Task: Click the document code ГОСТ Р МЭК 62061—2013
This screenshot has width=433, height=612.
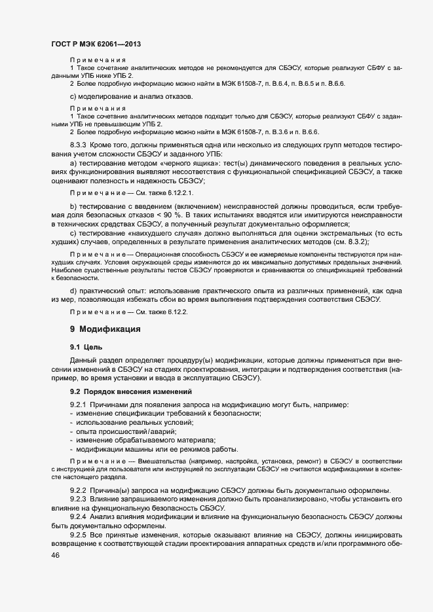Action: pyautogui.click(x=96, y=44)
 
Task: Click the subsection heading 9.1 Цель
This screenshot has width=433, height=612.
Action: pyautogui.click(x=86, y=346)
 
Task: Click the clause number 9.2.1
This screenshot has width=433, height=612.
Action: pyautogui.click(x=80, y=406)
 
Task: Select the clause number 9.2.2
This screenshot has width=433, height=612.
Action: pyautogui.click(x=80, y=491)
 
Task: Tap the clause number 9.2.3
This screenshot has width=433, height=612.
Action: pyautogui.click(x=80, y=499)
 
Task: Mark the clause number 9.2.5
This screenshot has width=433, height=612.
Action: pyautogui.click(x=80, y=534)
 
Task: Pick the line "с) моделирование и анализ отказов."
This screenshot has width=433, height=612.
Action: pyautogui.click(x=131, y=97)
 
